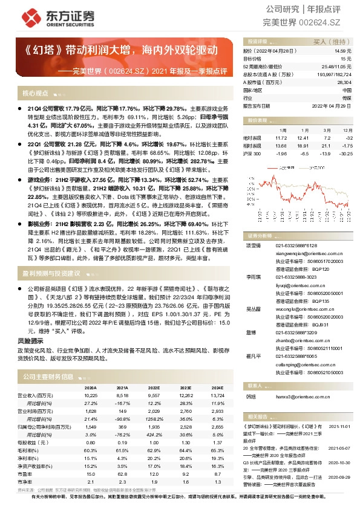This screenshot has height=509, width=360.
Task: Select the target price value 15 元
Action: [x=345, y=60]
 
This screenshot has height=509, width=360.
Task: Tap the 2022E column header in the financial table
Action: [x=154, y=387]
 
